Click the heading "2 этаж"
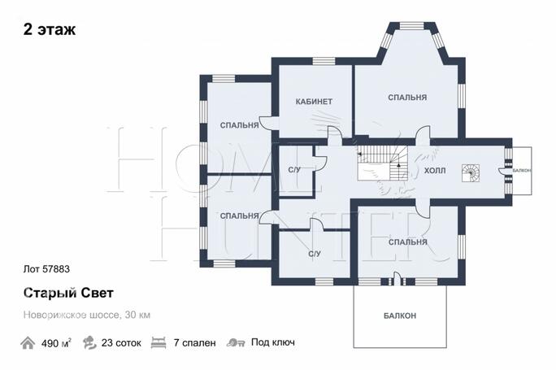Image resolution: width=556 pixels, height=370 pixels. (50, 30)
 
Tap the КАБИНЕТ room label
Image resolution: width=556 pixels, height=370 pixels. (314, 102)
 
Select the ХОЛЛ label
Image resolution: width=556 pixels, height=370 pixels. (435, 171)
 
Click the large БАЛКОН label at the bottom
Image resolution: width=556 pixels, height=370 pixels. (400, 316)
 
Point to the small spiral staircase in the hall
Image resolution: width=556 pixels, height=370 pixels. (471, 173)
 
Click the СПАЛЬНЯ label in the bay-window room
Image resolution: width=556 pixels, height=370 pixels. (407, 98)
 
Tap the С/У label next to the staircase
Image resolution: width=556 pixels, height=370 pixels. (294, 170)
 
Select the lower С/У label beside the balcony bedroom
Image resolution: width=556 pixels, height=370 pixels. (314, 254)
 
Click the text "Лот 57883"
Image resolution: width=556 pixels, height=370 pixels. (46, 269)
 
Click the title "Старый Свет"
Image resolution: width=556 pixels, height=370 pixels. (68, 293)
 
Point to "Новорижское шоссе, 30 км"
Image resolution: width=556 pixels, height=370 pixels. (87, 315)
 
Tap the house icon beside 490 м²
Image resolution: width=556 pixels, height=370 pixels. (28, 343)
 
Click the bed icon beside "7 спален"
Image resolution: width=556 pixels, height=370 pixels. (159, 343)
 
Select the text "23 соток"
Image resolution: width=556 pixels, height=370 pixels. (121, 343)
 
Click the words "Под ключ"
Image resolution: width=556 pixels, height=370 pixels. (273, 342)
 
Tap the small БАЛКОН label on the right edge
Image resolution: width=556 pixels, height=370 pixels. (522, 171)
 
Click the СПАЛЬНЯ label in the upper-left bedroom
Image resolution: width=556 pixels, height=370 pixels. (239, 125)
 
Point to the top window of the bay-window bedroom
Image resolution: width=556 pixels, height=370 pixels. (412, 26)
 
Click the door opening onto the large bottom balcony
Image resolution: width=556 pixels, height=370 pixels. (397, 279)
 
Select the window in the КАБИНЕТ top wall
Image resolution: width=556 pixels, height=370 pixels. (324, 61)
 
